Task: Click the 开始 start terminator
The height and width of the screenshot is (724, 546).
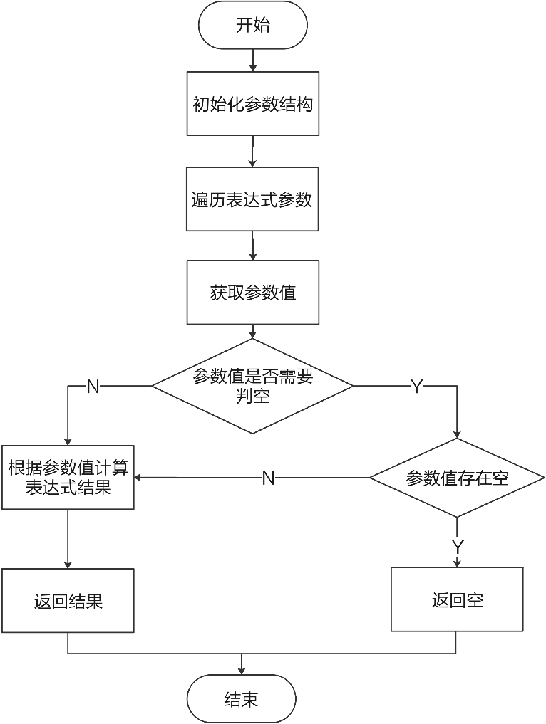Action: click(x=252, y=26)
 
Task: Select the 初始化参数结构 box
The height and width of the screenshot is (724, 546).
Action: click(x=252, y=104)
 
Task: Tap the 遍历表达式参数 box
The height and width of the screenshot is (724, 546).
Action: click(x=252, y=199)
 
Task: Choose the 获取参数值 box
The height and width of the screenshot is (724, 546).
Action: click(x=252, y=293)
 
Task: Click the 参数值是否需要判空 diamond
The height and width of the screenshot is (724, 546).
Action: click(x=252, y=386)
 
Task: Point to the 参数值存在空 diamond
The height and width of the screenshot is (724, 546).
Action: click(x=457, y=478)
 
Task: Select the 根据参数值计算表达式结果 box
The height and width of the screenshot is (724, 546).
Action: click(x=68, y=478)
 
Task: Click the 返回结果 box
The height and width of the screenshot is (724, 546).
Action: click(x=68, y=600)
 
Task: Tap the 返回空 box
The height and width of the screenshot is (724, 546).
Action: click(x=457, y=599)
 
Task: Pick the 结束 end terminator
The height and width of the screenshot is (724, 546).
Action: click(x=241, y=698)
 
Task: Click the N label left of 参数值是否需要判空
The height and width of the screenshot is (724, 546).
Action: click(x=93, y=387)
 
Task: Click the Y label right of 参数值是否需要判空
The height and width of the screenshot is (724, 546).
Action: click(x=416, y=387)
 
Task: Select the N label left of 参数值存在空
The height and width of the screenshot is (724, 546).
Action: click(x=268, y=478)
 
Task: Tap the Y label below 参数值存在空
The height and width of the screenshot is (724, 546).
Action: click(x=458, y=547)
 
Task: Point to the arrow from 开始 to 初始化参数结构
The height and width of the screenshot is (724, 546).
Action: click(x=252, y=61)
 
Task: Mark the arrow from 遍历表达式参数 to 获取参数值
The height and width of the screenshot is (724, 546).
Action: click(x=252, y=246)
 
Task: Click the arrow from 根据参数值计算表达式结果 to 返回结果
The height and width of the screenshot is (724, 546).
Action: click(x=68, y=539)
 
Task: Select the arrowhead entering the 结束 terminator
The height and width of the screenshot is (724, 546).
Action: click(x=242, y=671)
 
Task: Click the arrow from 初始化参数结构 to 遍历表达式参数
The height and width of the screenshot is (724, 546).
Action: click(x=252, y=152)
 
